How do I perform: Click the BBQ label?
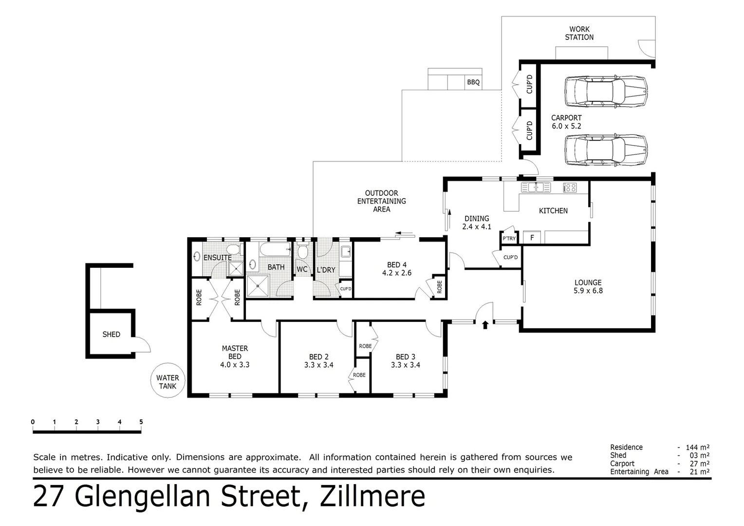473,82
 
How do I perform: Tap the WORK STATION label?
579,33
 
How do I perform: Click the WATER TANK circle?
167,381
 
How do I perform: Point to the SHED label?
111,334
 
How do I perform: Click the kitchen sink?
536,187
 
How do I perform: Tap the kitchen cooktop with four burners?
570,187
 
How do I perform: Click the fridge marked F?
532,238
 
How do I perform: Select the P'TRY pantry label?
509,238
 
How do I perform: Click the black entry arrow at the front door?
485,324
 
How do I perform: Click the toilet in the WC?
302,252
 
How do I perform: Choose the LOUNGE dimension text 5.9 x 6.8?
588,291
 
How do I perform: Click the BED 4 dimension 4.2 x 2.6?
396,273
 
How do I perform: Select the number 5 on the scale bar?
141,422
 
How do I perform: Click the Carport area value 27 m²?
699,464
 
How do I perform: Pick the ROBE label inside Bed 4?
439,287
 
